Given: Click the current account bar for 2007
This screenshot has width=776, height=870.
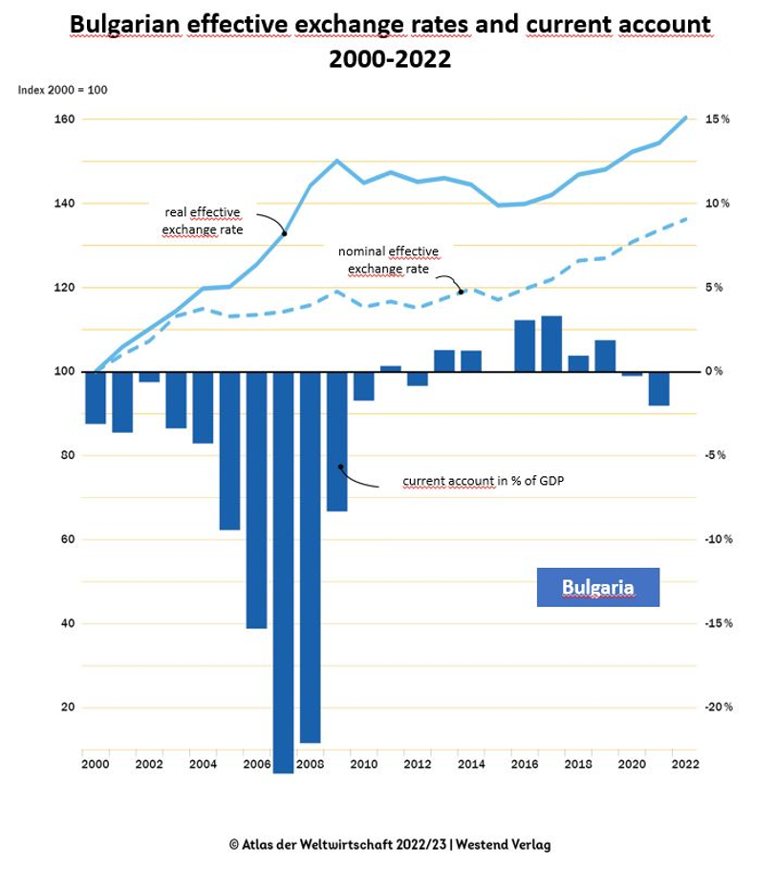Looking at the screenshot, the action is [283, 572].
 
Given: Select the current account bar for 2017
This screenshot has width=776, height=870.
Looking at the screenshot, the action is [551, 344].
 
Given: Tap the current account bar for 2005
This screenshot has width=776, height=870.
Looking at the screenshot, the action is [229, 450].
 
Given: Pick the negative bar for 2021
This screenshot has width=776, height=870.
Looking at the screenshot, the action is [659, 388].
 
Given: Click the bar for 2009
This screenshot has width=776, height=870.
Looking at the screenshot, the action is [336, 441].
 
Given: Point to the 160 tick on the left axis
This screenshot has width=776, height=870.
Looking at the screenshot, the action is [64, 120].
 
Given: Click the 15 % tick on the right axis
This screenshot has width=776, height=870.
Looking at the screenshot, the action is [717, 120].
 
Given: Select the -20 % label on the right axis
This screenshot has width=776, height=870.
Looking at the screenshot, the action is [719, 707].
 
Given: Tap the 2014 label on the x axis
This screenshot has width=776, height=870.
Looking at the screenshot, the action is [471, 765].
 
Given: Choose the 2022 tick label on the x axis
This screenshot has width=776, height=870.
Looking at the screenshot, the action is [685, 765].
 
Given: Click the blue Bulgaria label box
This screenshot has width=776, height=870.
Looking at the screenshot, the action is [598, 587].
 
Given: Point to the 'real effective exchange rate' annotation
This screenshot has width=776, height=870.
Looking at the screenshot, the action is [203, 221].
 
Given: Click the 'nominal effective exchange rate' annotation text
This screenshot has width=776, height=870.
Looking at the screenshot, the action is [388, 260].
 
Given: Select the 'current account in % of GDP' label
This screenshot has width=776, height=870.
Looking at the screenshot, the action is [484, 481].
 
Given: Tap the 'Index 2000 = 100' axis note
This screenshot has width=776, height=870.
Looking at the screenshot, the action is [63, 90].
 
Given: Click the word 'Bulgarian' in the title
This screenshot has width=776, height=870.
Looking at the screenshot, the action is [125, 25].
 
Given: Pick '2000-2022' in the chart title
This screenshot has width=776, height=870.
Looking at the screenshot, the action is [390, 59].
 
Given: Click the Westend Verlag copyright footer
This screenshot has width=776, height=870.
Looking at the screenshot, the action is [390, 844].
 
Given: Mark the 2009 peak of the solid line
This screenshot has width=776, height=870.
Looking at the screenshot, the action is [336, 161].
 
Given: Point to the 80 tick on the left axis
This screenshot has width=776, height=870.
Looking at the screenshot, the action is [68, 455].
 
